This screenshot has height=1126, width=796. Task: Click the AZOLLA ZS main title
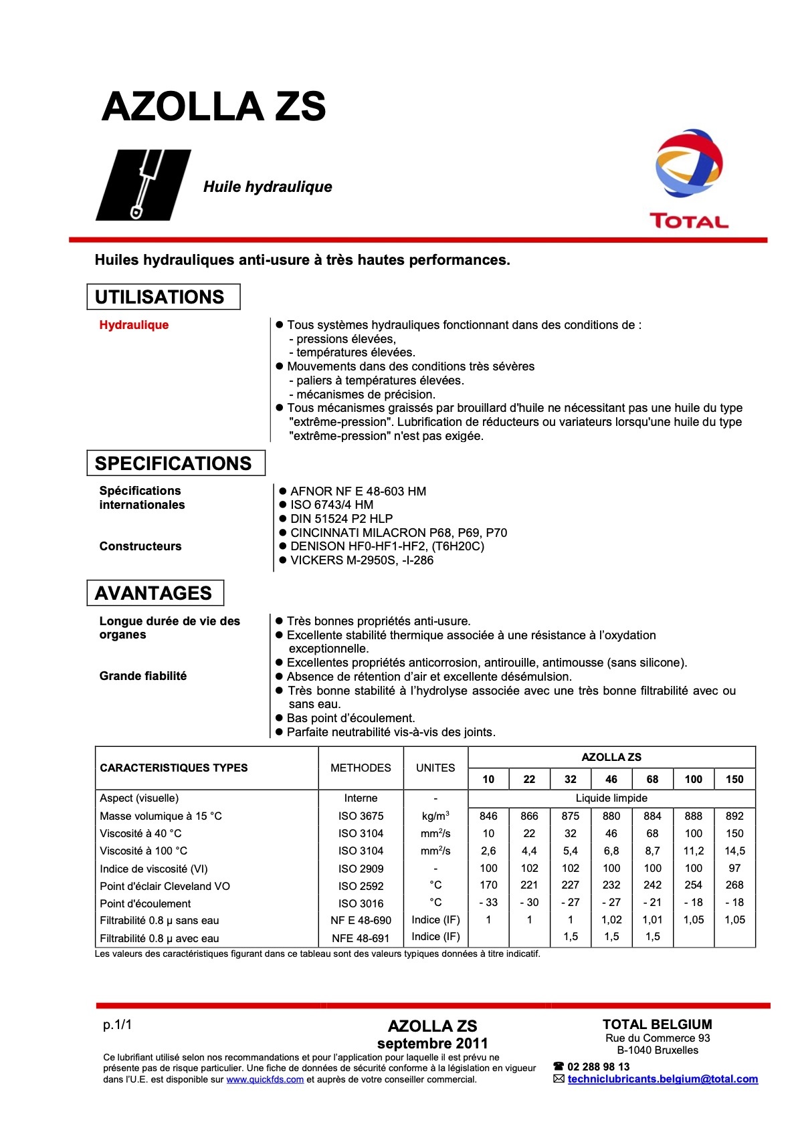click(213, 107)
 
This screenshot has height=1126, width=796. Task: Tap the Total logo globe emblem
click(688, 164)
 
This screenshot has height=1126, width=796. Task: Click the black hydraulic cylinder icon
click(143, 185)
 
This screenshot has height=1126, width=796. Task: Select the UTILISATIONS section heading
click(160, 297)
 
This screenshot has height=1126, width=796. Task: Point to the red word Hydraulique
click(134, 325)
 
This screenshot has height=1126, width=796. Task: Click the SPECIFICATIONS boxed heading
click(173, 463)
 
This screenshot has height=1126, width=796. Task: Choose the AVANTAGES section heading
click(153, 593)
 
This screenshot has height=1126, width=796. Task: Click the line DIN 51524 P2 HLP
click(341, 519)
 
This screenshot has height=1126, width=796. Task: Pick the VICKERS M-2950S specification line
click(361, 560)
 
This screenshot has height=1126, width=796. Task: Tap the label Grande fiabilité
click(143, 676)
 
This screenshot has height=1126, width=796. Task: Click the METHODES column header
click(361, 768)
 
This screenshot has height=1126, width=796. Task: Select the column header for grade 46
click(611, 779)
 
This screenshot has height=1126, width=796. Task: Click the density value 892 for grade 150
click(734, 816)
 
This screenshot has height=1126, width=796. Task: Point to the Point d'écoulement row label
click(145, 903)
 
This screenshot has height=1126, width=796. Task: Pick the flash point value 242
click(652, 885)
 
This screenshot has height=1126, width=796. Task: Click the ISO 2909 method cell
click(361, 869)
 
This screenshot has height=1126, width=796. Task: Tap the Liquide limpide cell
click(611, 798)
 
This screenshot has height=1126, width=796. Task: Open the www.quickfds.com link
click(265, 1079)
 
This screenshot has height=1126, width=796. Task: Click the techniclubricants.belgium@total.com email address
click(662, 1079)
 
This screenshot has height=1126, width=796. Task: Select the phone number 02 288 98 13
click(598, 1066)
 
